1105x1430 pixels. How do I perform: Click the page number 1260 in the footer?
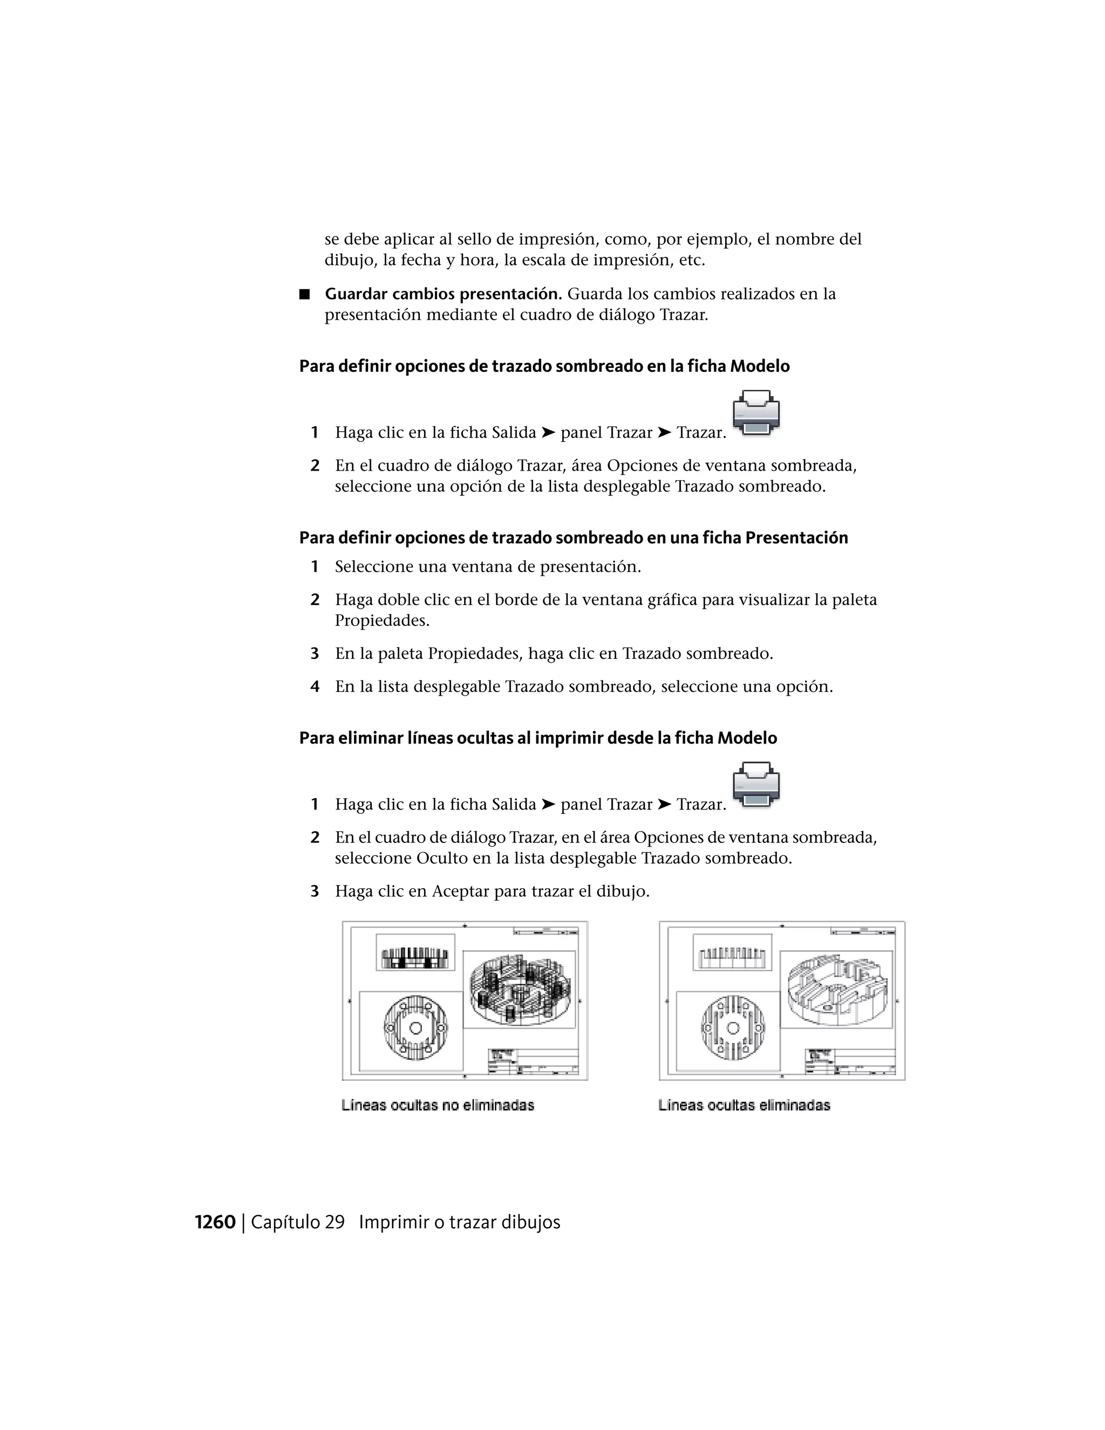click(215, 1222)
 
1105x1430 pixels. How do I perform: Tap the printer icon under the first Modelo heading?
click(756, 413)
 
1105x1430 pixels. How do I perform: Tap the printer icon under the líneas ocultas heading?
click(756, 785)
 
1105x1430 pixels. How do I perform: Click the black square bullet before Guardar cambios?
click(304, 294)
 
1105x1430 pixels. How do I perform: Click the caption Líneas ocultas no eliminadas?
click(437, 1105)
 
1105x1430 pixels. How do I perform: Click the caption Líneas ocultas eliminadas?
click(744, 1105)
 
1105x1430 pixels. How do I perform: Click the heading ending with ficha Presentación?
click(573, 537)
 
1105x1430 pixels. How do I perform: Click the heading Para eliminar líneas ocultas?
click(537, 738)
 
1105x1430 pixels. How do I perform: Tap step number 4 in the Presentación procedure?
click(315, 687)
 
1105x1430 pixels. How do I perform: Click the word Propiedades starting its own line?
click(381, 620)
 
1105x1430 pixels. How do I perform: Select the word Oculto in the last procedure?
click(442, 858)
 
